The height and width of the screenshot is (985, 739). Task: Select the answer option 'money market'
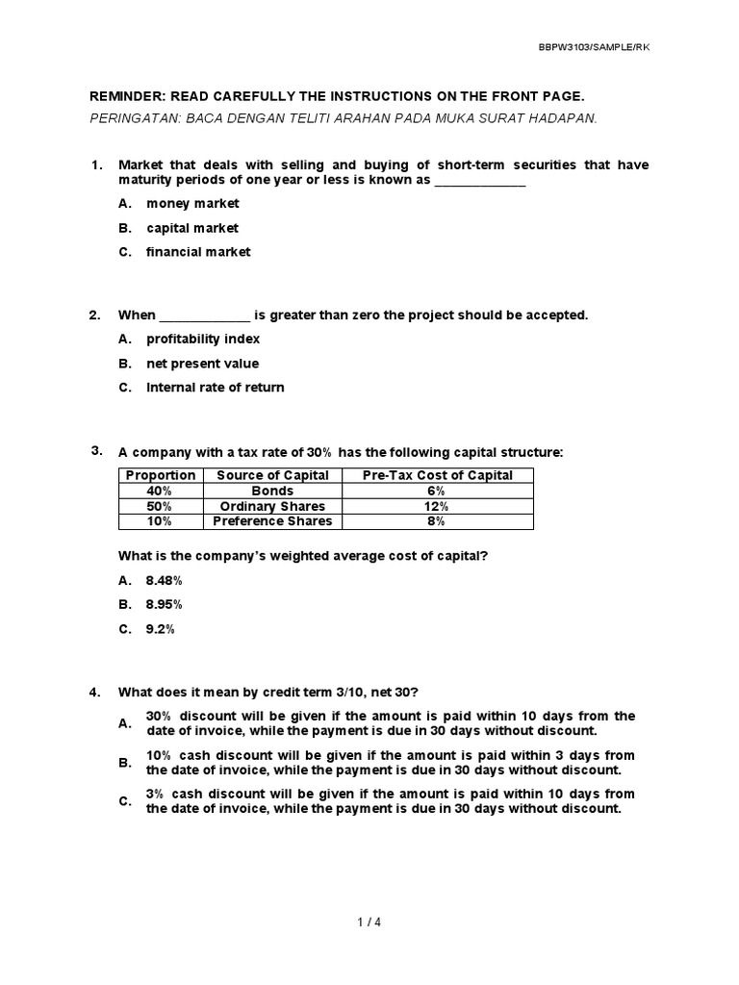192,204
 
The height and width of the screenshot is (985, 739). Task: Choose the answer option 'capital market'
192,228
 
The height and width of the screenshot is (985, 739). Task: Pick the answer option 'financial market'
198,252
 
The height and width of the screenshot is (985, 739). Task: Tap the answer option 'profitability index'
203,340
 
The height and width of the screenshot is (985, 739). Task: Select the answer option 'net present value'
202,364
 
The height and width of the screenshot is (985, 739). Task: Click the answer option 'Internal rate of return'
215,388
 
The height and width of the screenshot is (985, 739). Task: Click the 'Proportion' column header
161,475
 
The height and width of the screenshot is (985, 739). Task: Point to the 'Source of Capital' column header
272,475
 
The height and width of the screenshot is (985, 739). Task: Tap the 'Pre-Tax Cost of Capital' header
437,475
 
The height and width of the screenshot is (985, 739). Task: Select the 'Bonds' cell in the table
272,491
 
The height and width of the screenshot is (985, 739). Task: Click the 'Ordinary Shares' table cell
272,506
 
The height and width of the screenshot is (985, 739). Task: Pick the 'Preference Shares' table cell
272,521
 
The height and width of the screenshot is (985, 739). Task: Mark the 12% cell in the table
437,506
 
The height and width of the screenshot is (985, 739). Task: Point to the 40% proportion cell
160,491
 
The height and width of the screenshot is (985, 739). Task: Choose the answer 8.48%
165,581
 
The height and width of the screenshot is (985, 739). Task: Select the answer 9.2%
161,629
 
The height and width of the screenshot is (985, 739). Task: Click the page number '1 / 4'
369,922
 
